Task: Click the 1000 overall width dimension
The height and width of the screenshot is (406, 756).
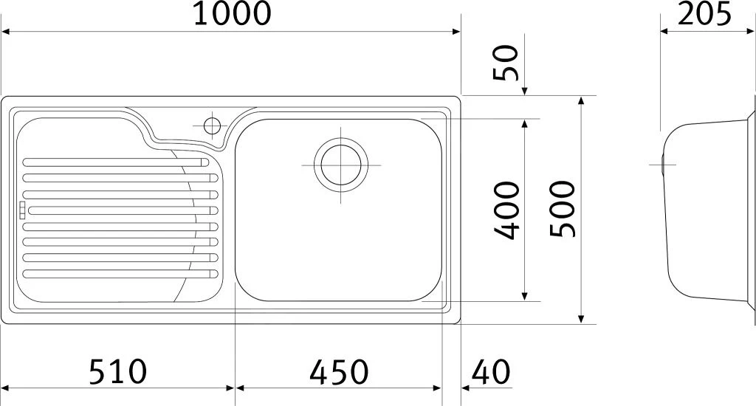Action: click(x=232, y=14)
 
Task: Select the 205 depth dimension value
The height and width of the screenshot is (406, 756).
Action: click(x=704, y=14)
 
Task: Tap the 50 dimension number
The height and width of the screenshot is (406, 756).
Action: click(x=508, y=63)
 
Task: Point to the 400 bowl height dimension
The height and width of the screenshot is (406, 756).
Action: click(x=508, y=211)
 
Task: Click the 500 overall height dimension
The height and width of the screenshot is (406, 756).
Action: click(x=563, y=210)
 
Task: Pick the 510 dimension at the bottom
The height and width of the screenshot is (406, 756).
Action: click(x=118, y=371)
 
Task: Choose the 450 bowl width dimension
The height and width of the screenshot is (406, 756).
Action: click(x=339, y=371)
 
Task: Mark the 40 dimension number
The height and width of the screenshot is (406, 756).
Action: click(x=491, y=371)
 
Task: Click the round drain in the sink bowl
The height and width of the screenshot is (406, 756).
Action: click(x=340, y=164)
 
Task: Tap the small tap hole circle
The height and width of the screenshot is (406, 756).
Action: click(x=212, y=125)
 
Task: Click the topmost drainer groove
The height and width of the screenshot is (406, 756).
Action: click(x=114, y=161)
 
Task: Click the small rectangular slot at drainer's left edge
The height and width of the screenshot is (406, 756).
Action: click(x=21, y=210)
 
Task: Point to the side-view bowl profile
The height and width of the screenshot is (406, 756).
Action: click(x=705, y=210)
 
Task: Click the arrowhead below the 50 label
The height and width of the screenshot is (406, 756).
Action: click(x=524, y=91)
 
